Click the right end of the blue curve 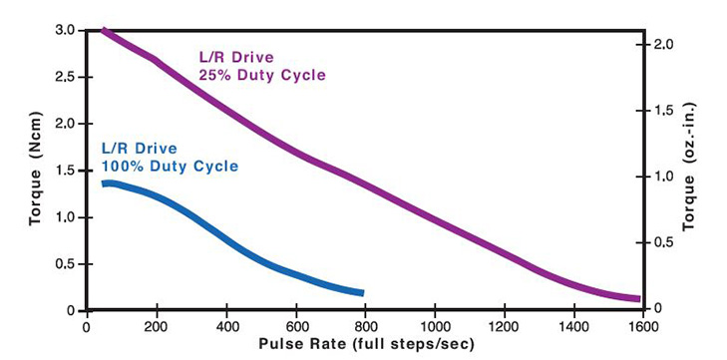(x=362, y=293)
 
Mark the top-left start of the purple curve (x=104, y=30)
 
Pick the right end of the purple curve (x=637, y=298)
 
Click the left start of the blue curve (x=104, y=183)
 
